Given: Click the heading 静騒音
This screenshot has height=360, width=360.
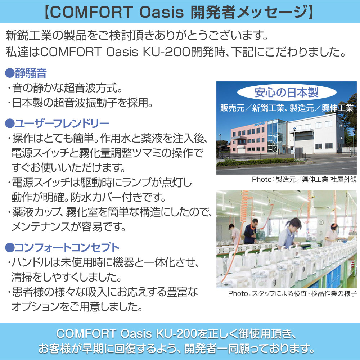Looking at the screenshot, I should (31, 73).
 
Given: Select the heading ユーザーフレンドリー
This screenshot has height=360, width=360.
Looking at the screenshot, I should (62, 124).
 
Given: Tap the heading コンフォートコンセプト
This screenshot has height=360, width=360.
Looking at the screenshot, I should (67, 248).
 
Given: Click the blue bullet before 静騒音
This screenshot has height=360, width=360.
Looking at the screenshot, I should (9, 74).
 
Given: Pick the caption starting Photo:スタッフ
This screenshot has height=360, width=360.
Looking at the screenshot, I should (292, 293).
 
